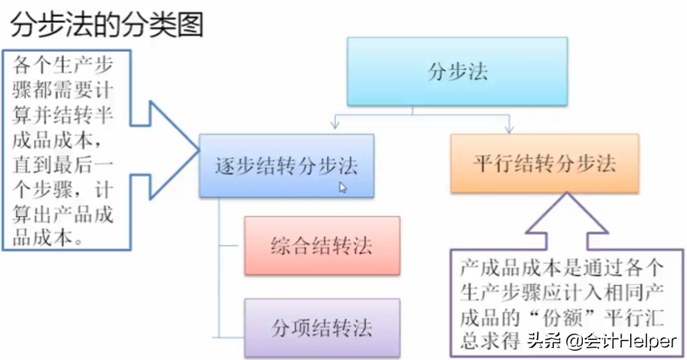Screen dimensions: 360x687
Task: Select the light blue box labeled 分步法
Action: [x=457, y=71]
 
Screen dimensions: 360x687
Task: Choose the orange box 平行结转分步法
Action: [x=545, y=163]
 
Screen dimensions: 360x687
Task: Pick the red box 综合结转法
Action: [x=322, y=245]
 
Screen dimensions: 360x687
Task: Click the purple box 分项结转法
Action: [x=322, y=327]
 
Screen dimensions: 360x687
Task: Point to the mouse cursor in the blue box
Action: [x=343, y=187]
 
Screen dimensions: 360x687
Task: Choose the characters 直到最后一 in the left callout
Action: [x=63, y=165]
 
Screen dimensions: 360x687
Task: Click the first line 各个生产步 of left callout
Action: [x=63, y=65]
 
